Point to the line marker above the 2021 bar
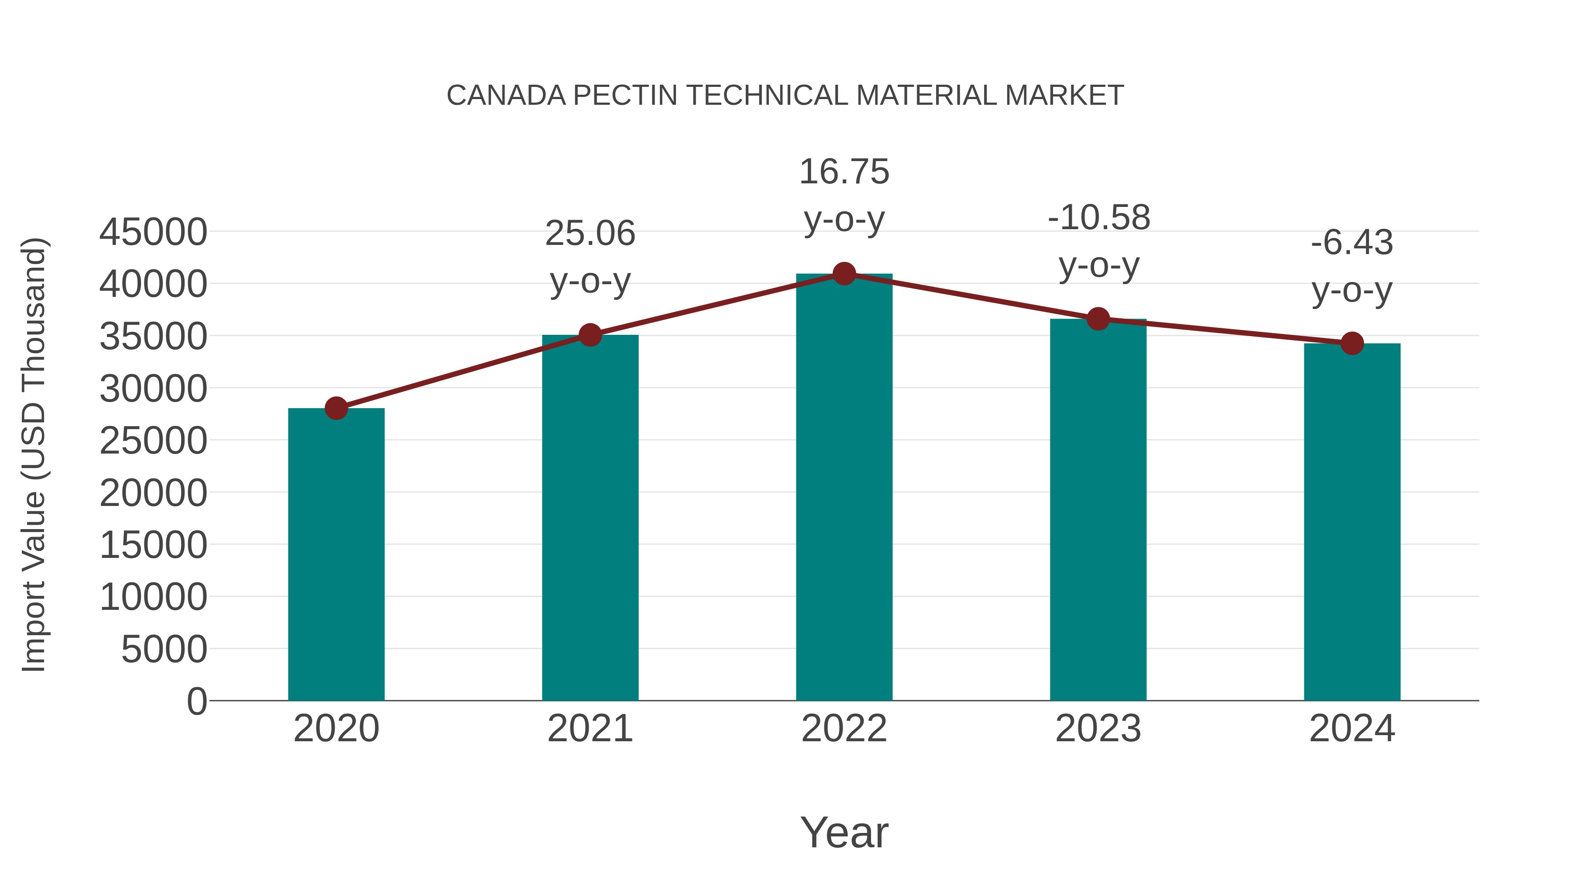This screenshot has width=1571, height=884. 590,335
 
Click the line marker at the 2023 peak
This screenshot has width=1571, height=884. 1098,319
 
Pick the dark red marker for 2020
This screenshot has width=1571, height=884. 336,408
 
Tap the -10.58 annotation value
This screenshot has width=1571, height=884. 1099,218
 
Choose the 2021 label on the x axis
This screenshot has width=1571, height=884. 590,729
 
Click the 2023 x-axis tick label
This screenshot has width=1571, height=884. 1098,729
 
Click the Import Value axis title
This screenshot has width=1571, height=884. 34,454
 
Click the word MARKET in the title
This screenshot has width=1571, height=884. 1064,96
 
